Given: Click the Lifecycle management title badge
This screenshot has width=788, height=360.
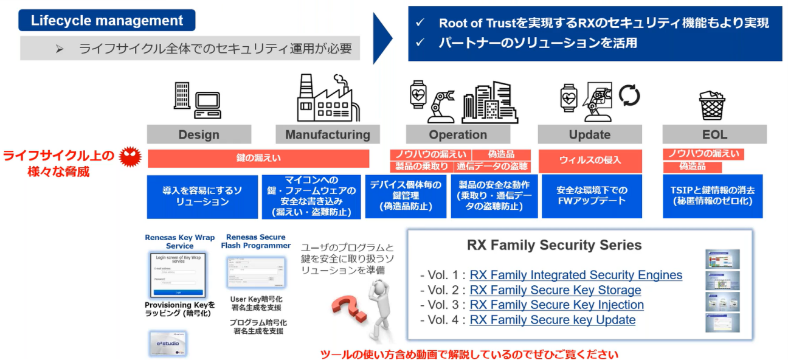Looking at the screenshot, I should click(106, 21).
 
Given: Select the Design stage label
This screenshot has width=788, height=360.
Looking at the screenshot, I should click(199, 134).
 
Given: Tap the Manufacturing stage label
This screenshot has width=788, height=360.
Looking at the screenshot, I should click(327, 134).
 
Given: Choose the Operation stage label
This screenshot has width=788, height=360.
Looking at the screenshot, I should click(458, 134).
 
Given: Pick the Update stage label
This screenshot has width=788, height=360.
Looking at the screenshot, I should click(589, 134).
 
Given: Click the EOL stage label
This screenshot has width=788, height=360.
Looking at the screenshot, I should click(714, 134).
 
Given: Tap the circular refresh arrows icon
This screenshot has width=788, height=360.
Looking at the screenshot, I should click(629, 95).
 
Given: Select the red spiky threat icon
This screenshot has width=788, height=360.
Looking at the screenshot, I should click(129, 157).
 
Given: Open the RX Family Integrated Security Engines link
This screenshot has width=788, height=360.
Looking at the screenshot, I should click(576, 275).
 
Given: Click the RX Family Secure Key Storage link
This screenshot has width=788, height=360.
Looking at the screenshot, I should click(555, 290).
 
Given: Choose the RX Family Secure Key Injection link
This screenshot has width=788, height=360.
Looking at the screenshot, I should click(556, 305).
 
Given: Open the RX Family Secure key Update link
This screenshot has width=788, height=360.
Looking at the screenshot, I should click(552, 320).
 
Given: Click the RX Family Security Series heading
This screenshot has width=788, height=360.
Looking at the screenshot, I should click(554, 246).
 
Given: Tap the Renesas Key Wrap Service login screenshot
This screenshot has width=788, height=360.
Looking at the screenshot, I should click(178, 274).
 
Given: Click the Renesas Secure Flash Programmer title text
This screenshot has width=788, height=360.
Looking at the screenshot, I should click(255, 241).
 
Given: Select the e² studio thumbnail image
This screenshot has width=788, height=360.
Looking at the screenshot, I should click(167, 343).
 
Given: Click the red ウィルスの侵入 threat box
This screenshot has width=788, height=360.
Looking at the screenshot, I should click(589, 161).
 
